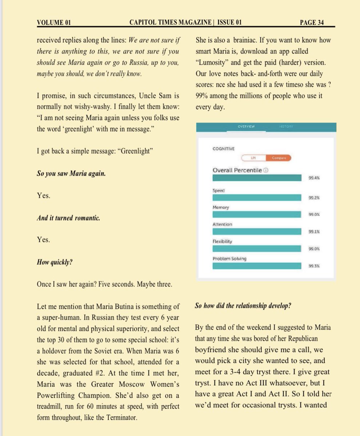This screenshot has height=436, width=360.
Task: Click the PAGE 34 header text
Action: [312, 23]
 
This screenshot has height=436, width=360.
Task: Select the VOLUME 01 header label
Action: [54, 23]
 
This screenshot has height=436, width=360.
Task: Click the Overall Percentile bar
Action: [257, 178]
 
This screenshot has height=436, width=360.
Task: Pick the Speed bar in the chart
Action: [257, 197]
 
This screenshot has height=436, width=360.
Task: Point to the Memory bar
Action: [257, 214]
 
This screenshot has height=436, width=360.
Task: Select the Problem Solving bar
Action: [257, 266]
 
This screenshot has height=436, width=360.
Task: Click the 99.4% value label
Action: [314, 178]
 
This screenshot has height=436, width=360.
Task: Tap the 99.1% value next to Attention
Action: [314, 232]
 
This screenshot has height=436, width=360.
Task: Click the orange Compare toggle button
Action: [279, 158]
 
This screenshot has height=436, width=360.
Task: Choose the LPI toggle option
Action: [254, 158]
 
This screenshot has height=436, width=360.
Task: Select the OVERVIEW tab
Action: [246, 126]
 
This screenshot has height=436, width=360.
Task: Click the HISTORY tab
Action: [286, 126]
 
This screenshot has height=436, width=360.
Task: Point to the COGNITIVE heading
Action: [223, 148]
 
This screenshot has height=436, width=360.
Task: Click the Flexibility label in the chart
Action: [222, 241]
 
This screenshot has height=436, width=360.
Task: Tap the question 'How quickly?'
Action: [54, 262]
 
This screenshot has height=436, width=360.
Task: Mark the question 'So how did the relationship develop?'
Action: [243, 306]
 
